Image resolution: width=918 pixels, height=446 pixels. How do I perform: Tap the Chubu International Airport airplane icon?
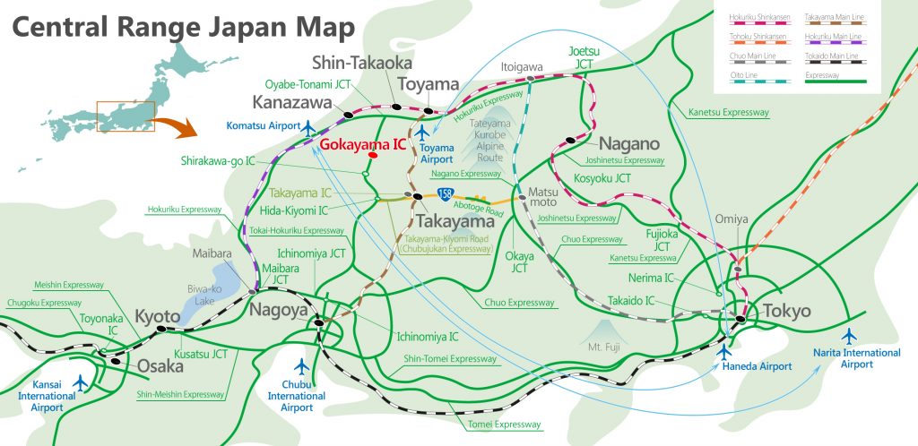point(302,367)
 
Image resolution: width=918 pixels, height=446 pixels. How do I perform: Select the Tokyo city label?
point(785,312)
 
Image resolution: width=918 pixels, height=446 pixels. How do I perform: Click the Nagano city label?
point(629,143)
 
